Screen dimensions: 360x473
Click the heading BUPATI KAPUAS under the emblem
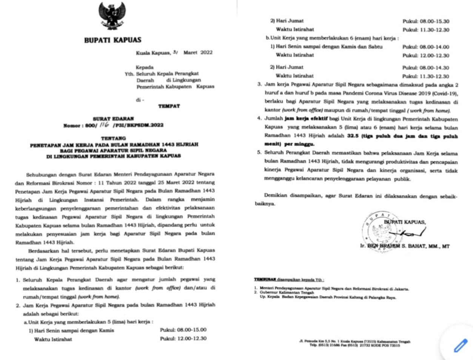[x=112, y=40]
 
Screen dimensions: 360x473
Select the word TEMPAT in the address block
[x=169, y=106]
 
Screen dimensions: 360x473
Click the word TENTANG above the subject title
[x=113, y=138]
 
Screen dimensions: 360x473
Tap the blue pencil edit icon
[x=460, y=345]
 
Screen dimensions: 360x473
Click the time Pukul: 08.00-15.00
[x=183, y=330]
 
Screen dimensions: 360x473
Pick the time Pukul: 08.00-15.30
[x=426, y=22]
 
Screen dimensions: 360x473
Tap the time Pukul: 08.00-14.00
[x=426, y=47]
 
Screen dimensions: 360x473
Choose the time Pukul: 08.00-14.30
[x=426, y=68]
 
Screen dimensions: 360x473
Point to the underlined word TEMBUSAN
[x=265, y=280]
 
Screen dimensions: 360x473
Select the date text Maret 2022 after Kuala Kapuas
[x=198, y=53]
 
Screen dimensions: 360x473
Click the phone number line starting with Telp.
[x=354, y=345]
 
